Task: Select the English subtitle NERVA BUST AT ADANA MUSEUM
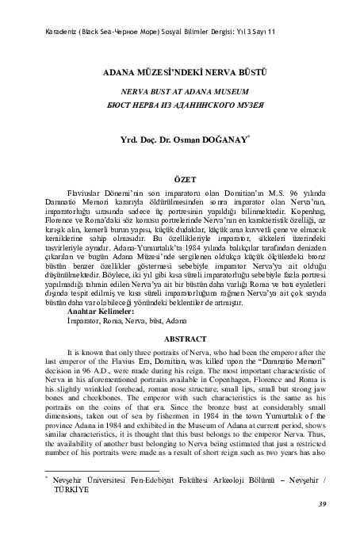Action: point(180,92)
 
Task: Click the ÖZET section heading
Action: point(180,181)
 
